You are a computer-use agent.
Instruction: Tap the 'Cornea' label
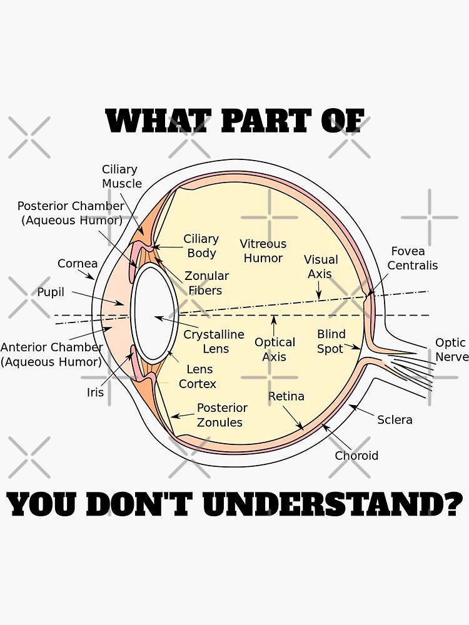point(78,264)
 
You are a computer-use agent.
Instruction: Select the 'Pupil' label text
point(51,292)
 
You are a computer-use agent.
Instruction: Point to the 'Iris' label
point(96,392)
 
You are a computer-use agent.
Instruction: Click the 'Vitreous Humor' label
point(263,251)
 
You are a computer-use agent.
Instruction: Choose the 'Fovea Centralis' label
point(413,258)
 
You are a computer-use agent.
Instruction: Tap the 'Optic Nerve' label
point(451,349)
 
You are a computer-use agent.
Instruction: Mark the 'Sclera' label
point(395,419)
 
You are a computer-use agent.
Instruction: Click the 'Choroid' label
point(356,456)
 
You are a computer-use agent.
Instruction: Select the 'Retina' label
point(286,396)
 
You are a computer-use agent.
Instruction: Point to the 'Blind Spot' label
point(331,341)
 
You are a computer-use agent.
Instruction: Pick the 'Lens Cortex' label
point(198,376)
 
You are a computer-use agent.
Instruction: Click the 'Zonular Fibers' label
point(206,282)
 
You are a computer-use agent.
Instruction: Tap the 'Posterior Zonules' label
point(221,415)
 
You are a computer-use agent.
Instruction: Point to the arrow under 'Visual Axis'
point(319,290)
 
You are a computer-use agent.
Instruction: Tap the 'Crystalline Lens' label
point(214,341)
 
